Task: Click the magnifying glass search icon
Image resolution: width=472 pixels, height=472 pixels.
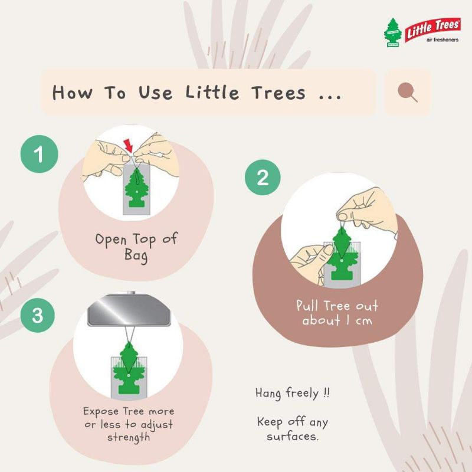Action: [407, 92]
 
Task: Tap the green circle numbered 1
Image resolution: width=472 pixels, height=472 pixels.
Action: [39, 154]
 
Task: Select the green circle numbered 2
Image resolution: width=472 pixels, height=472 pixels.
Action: [263, 178]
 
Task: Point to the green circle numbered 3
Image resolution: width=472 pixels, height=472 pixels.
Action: [38, 315]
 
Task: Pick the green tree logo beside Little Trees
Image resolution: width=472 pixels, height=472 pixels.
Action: [392, 32]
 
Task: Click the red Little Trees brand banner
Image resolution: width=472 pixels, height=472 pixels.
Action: [433, 28]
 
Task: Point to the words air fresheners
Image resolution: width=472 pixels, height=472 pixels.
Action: [442, 40]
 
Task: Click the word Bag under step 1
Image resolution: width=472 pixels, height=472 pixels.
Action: [136, 255]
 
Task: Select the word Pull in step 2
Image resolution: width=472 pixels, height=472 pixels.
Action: [307, 305]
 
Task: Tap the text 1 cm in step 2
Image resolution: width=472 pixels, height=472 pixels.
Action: [359, 320]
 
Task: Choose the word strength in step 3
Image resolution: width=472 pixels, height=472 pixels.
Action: [129, 437]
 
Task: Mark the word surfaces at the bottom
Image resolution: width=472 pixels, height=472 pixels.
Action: [292, 437]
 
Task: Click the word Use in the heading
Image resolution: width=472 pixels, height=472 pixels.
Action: [155, 92]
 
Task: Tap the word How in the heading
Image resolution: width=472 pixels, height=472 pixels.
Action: [72, 92]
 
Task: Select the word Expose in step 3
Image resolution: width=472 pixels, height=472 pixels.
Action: [101, 411]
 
